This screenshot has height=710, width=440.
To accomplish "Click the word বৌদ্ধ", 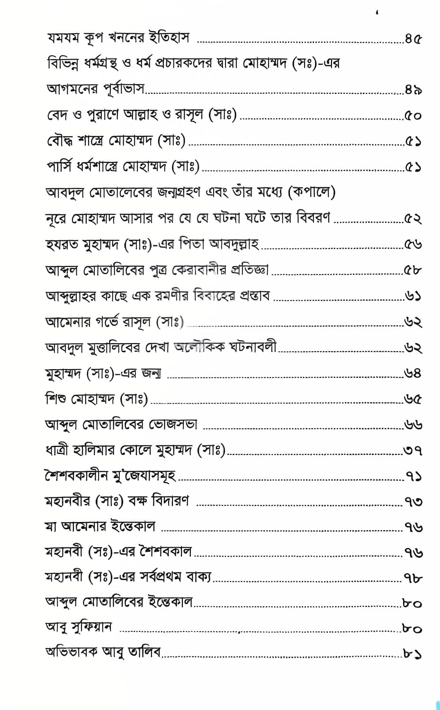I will click(x=61, y=141).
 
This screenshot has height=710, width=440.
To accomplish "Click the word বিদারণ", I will click(x=169, y=501).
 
